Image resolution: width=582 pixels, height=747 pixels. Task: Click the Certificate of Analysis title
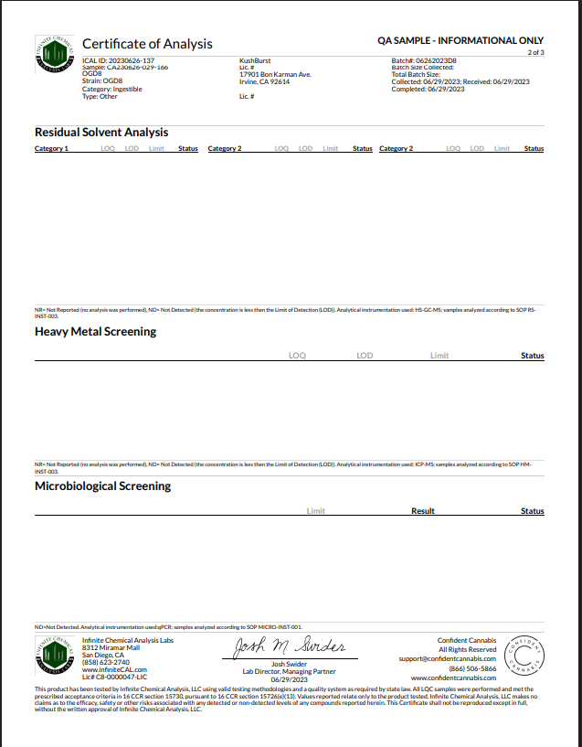[x=147, y=44]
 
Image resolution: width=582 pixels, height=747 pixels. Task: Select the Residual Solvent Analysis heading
[x=101, y=133]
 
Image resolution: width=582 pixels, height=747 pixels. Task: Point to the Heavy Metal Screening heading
[x=95, y=332]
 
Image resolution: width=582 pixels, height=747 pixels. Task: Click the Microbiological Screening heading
[x=102, y=486]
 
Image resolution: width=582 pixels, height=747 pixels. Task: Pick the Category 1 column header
[x=51, y=148]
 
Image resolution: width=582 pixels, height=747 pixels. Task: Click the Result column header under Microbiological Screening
[x=423, y=511]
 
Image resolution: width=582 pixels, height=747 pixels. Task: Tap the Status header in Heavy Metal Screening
[x=532, y=356]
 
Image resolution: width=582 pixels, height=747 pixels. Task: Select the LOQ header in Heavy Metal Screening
[x=297, y=356]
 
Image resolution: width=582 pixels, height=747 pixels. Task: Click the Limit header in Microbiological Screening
[x=316, y=511]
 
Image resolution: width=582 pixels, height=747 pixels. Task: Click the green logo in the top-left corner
[x=55, y=55]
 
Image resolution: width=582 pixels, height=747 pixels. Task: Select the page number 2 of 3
[x=536, y=52]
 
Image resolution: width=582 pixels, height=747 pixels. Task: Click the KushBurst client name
[x=256, y=60]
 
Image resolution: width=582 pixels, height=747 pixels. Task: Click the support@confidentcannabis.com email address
[x=447, y=658]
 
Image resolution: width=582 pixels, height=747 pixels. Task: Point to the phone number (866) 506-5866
[x=472, y=668]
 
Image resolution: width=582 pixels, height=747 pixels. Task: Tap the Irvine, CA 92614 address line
[x=264, y=81]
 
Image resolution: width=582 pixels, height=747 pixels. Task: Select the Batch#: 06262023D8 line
[x=424, y=60]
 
